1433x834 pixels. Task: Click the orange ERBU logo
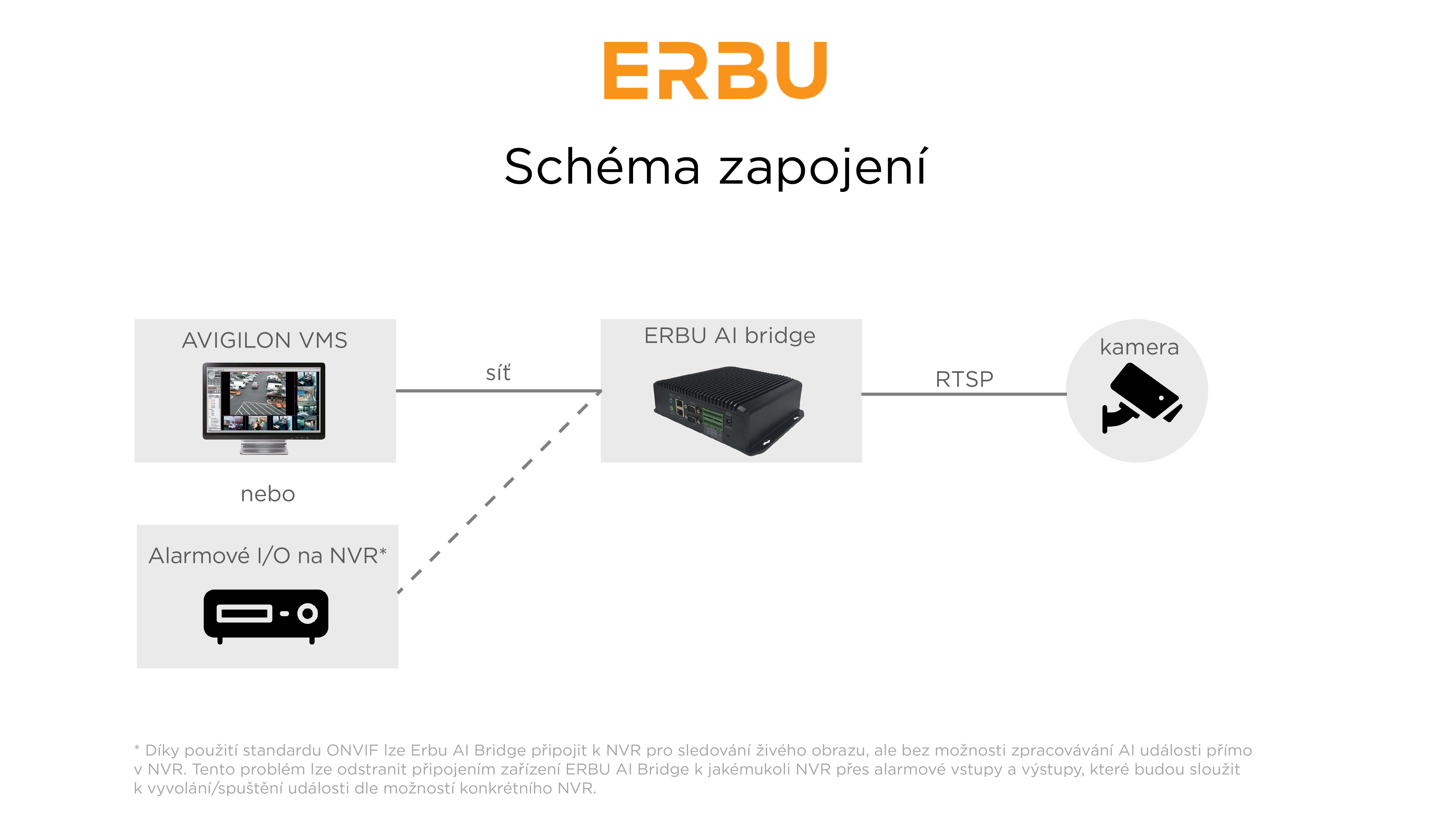click(715, 70)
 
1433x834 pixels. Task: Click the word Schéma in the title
click(602, 167)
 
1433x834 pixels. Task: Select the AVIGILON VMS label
click(264, 340)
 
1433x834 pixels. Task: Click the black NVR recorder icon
click(266, 616)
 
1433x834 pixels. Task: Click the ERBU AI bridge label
click(729, 336)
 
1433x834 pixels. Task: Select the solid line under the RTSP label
click(964, 393)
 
